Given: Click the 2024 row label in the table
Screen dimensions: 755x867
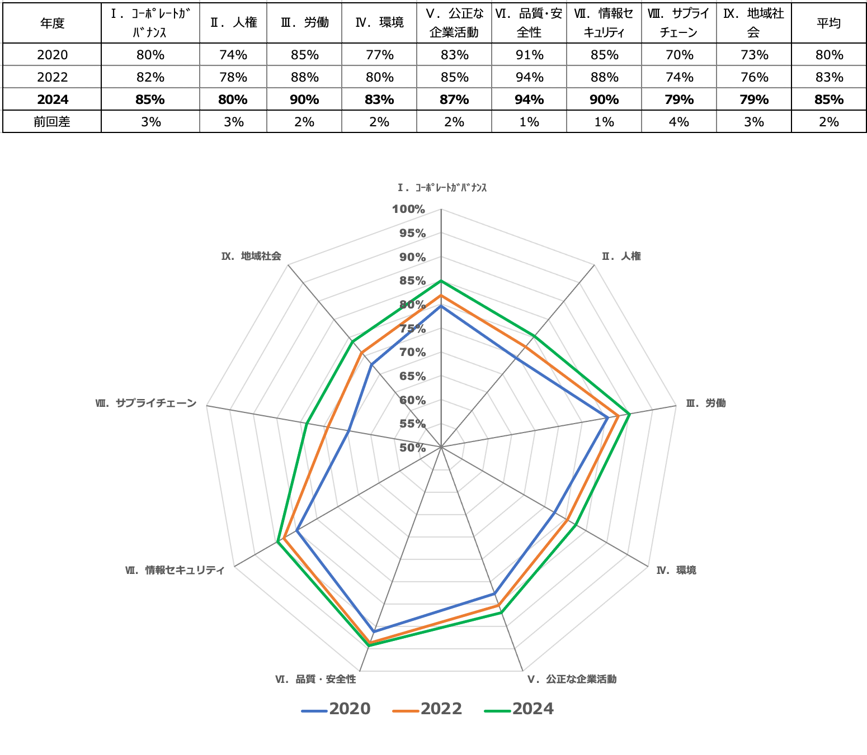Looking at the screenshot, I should tap(53, 99).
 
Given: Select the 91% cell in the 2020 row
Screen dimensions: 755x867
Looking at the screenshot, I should tap(529, 55).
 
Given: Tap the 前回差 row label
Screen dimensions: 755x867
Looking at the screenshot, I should tap(52, 122).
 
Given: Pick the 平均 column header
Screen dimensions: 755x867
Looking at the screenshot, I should tap(828, 23).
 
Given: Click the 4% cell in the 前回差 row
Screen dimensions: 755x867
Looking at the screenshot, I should tap(679, 122).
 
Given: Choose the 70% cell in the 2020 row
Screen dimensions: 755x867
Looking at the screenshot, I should tap(679, 55).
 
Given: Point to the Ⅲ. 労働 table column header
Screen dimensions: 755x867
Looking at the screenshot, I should tap(304, 23).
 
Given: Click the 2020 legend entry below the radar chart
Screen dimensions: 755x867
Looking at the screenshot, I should tap(337, 709).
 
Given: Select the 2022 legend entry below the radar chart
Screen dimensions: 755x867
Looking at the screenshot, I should tap(428, 709).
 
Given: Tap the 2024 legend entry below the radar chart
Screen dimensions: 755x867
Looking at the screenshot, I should tap(520, 709).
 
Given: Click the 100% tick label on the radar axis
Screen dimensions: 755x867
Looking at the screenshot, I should tap(409, 210).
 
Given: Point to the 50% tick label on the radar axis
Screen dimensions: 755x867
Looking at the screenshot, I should tap(412, 448).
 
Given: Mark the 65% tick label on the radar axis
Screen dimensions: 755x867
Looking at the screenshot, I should tap(412, 376).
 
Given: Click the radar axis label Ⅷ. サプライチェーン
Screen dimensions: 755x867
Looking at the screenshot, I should tap(146, 403).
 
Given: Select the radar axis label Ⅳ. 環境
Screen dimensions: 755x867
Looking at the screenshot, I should tap(676, 571).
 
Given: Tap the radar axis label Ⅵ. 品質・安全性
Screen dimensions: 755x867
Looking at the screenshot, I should tap(315, 680).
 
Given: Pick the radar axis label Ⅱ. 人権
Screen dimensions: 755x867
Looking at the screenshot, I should tap(621, 257).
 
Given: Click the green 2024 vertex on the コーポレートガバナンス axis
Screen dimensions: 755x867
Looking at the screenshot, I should tap(441, 281).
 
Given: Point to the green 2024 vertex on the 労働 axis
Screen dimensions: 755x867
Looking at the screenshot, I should tap(630, 414).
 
